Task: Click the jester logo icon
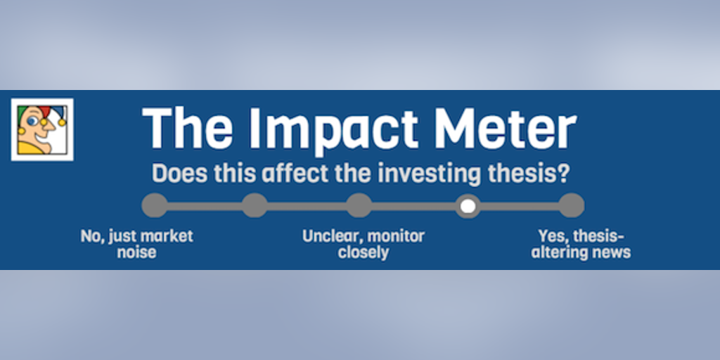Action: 42,129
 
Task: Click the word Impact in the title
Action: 334,130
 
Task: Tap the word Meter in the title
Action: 506,128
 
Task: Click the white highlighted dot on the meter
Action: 468,206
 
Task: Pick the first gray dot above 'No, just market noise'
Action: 155,205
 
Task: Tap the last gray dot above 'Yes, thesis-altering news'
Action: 571,205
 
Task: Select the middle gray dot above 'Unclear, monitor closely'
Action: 359,205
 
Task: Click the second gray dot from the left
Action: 255,205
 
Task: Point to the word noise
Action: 137,252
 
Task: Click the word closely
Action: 364,252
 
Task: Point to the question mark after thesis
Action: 564,174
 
